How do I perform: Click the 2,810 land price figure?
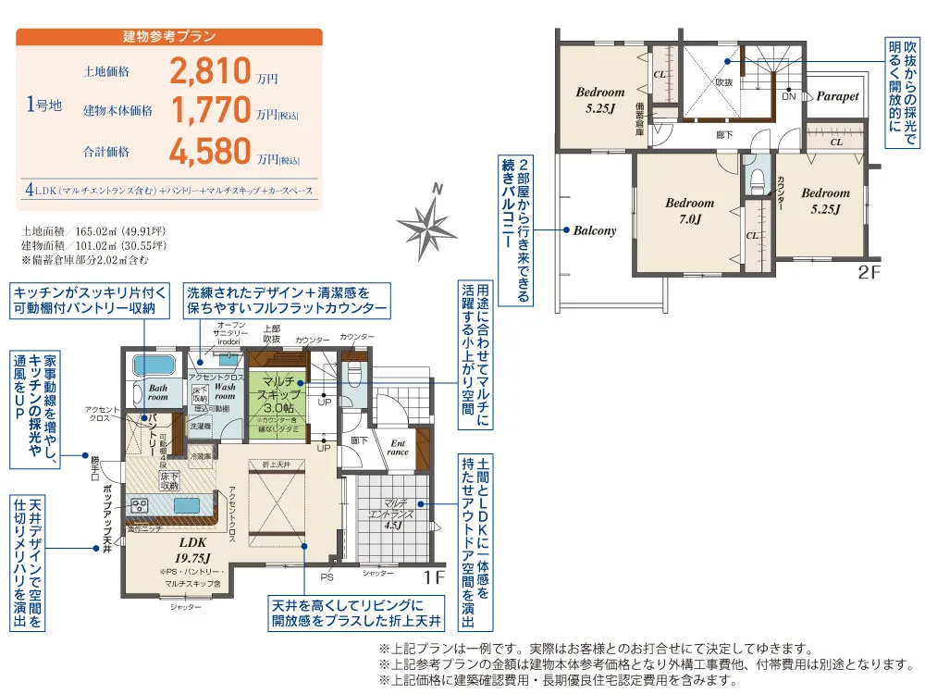click(211, 70)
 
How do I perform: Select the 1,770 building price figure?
click(211, 111)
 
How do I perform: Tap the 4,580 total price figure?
click(211, 151)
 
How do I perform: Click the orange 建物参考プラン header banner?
click(169, 37)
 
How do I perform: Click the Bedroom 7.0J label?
click(689, 211)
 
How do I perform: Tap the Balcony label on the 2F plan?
click(594, 230)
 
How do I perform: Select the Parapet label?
click(837, 96)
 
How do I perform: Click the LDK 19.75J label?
click(195, 549)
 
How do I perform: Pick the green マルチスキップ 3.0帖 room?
click(277, 396)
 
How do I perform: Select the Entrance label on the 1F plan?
click(398, 447)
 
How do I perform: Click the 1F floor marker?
click(435, 578)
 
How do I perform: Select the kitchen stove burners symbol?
click(140, 505)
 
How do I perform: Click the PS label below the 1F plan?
click(327, 576)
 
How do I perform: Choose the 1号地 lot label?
click(43, 105)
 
